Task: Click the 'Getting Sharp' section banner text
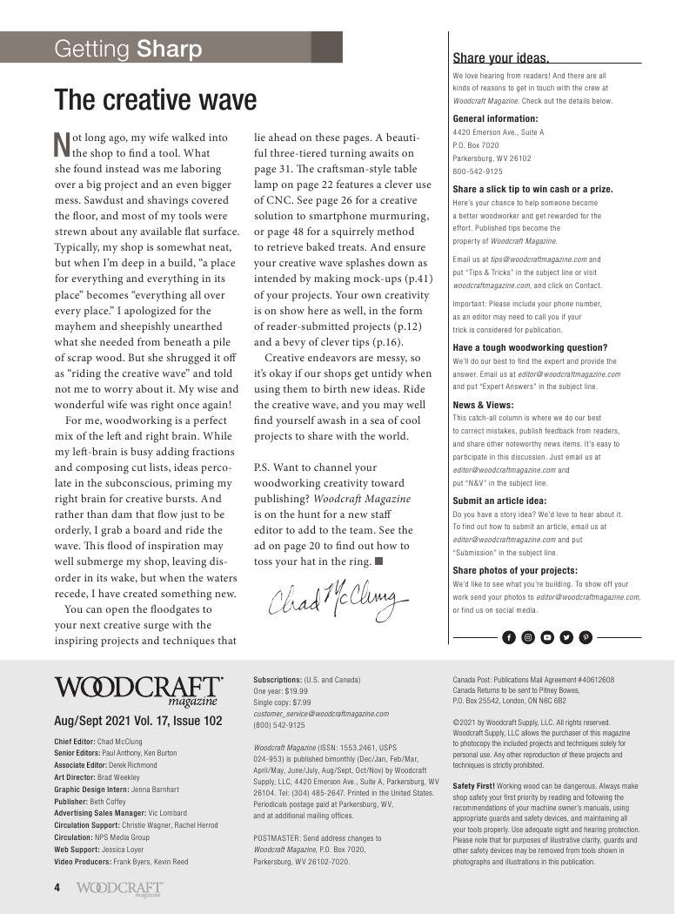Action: click(128, 49)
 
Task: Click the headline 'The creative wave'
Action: click(156, 100)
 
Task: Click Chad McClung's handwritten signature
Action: click(338, 597)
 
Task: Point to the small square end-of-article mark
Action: click(378, 561)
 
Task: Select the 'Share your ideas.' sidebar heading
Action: click(500, 58)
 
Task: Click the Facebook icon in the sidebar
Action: click(509, 637)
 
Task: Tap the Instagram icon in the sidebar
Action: click(528, 637)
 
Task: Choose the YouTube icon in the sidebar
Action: click(547, 637)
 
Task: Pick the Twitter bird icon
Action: click(566, 637)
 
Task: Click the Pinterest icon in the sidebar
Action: click(586, 637)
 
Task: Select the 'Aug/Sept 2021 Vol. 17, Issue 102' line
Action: click(137, 721)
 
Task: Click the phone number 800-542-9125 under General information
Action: click(477, 171)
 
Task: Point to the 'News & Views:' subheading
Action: click(483, 405)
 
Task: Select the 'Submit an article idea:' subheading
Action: click(499, 501)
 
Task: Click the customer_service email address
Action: click(321, 713)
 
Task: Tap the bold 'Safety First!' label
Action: click(473, 786)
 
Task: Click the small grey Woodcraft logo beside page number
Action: click(119, 888)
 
